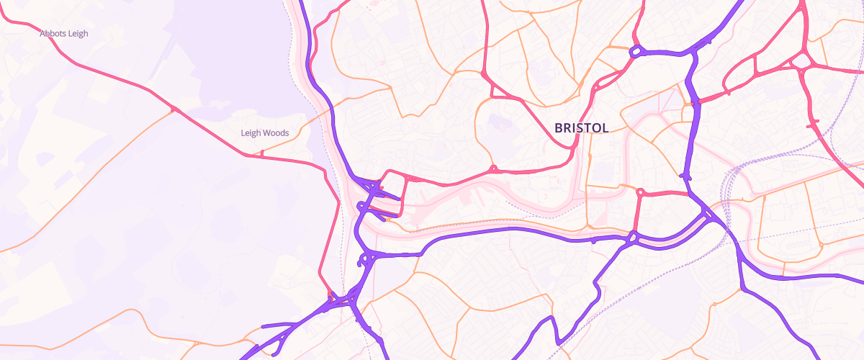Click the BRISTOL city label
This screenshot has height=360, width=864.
(581, 128)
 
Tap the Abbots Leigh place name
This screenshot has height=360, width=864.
(64, 33)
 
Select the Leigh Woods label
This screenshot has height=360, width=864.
(264, 133)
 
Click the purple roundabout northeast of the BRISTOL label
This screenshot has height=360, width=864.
(636, 52)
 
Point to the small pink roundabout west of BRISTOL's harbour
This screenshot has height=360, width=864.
(493, 169)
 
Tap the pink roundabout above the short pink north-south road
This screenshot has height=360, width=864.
(640, 192)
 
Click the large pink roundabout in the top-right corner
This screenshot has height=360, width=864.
(801, 62)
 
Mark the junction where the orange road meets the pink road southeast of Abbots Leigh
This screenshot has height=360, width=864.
(173, 109)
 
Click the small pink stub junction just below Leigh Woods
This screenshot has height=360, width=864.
(262, 153)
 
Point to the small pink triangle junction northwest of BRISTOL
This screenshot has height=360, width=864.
(496, 90)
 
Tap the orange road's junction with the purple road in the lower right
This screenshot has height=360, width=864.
(742, 289)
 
